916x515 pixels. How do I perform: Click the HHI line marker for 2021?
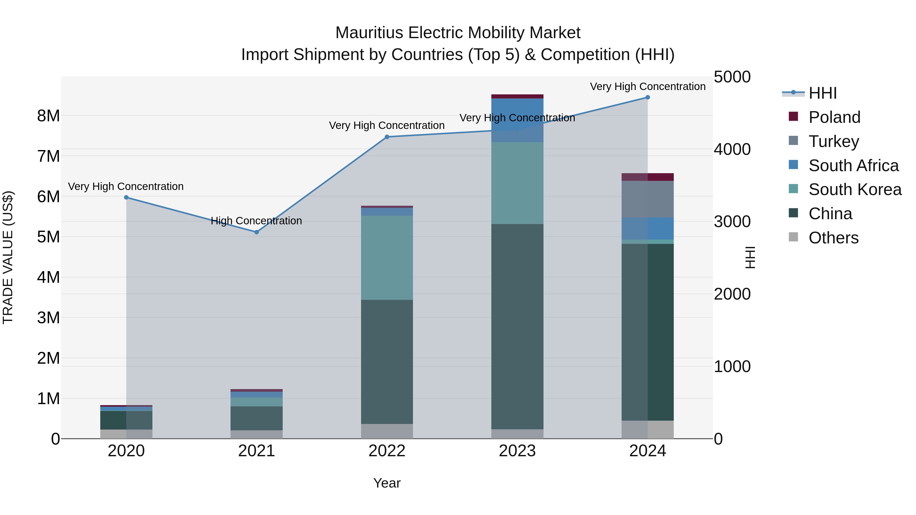coord(256,232)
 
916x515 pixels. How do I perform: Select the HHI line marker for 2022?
coord(387,137)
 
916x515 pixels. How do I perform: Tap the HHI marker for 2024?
coord(648,97)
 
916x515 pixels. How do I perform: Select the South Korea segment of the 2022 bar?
coord(387,258)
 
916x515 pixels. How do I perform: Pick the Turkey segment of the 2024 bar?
coord(648,199)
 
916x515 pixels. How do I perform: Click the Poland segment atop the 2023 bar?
coord(517,96)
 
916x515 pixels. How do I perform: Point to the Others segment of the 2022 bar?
coord(387,431)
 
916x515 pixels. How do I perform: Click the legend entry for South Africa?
coord(853,165)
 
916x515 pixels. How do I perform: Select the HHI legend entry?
coord(822,93)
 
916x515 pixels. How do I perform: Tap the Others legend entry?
coord(833,238)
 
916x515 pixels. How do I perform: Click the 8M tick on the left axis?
coord(48,116)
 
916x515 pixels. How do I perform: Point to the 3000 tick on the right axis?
coord(732,222)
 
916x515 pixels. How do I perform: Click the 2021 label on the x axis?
coord(256,451)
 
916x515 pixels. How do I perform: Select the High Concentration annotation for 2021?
coord(256,221)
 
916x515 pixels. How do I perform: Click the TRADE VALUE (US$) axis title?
coord(8,257)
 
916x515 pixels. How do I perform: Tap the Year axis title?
coord(387,483)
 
